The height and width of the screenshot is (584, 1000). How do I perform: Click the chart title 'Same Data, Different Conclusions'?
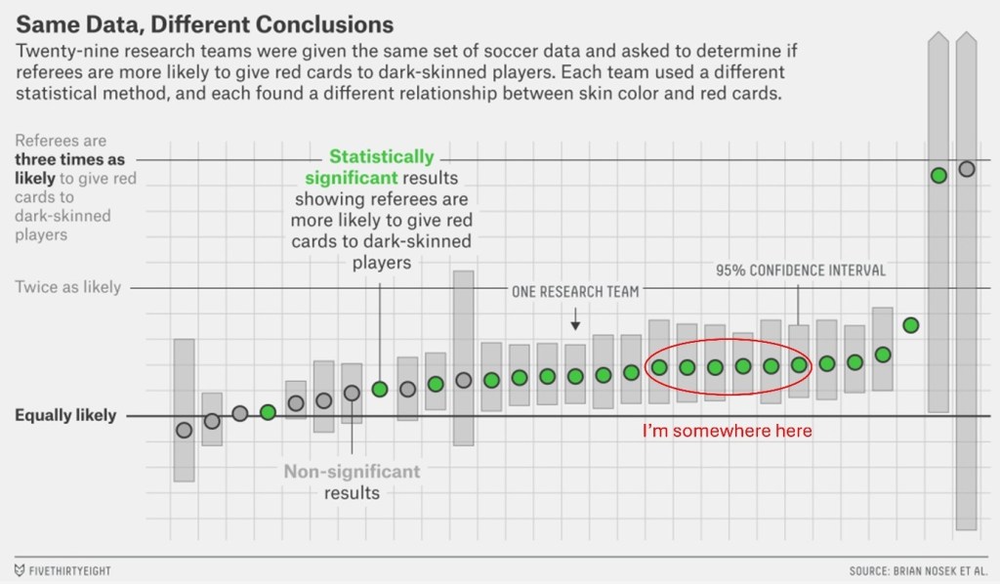(x=204, y=22)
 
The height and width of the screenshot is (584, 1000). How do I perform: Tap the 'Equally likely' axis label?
(x=65, y=415)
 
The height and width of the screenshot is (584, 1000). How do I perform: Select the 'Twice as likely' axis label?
(x=68, y=287)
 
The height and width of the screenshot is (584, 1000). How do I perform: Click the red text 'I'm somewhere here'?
(x=727, y=431)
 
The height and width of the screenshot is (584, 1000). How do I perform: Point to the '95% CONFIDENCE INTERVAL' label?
(x=800, y=271)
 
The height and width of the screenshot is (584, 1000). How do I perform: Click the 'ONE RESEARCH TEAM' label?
(x=575, y=291)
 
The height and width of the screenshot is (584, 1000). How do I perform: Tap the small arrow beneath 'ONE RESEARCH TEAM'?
(x=575, y=319)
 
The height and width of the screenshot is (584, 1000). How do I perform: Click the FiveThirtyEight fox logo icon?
(x=21, y=569)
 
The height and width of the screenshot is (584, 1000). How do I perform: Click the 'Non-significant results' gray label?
(x=352, y=482)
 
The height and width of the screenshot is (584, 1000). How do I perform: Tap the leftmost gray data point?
(x=184, y=430)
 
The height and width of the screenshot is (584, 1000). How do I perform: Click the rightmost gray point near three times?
(x=967, y=169)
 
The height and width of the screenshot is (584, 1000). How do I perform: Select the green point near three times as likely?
(x=938, y=176)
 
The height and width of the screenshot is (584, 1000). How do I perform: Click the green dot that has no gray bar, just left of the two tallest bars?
(x=910, y=325)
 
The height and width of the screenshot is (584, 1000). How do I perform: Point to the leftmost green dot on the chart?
(x=268, y=412)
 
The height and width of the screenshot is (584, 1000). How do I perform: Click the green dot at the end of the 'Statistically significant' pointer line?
(x=380, y=389)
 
